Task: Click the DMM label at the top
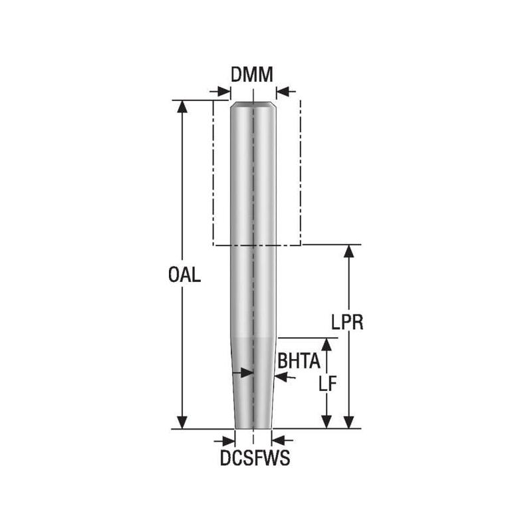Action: tap(252, 75)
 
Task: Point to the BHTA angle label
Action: tap(299, 361)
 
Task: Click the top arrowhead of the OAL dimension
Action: tap(182, 106)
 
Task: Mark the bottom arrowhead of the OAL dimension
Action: tap(182, 423)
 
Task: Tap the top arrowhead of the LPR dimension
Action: tap(348, 251)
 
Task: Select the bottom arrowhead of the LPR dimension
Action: tap(348, 423)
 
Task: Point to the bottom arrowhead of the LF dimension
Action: tap(326, 423)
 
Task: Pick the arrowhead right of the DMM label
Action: tap(282, 92)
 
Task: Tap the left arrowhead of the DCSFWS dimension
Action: tap(229, 440)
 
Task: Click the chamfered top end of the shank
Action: tap(253, 104)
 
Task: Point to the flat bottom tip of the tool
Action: tap(253, 427)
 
